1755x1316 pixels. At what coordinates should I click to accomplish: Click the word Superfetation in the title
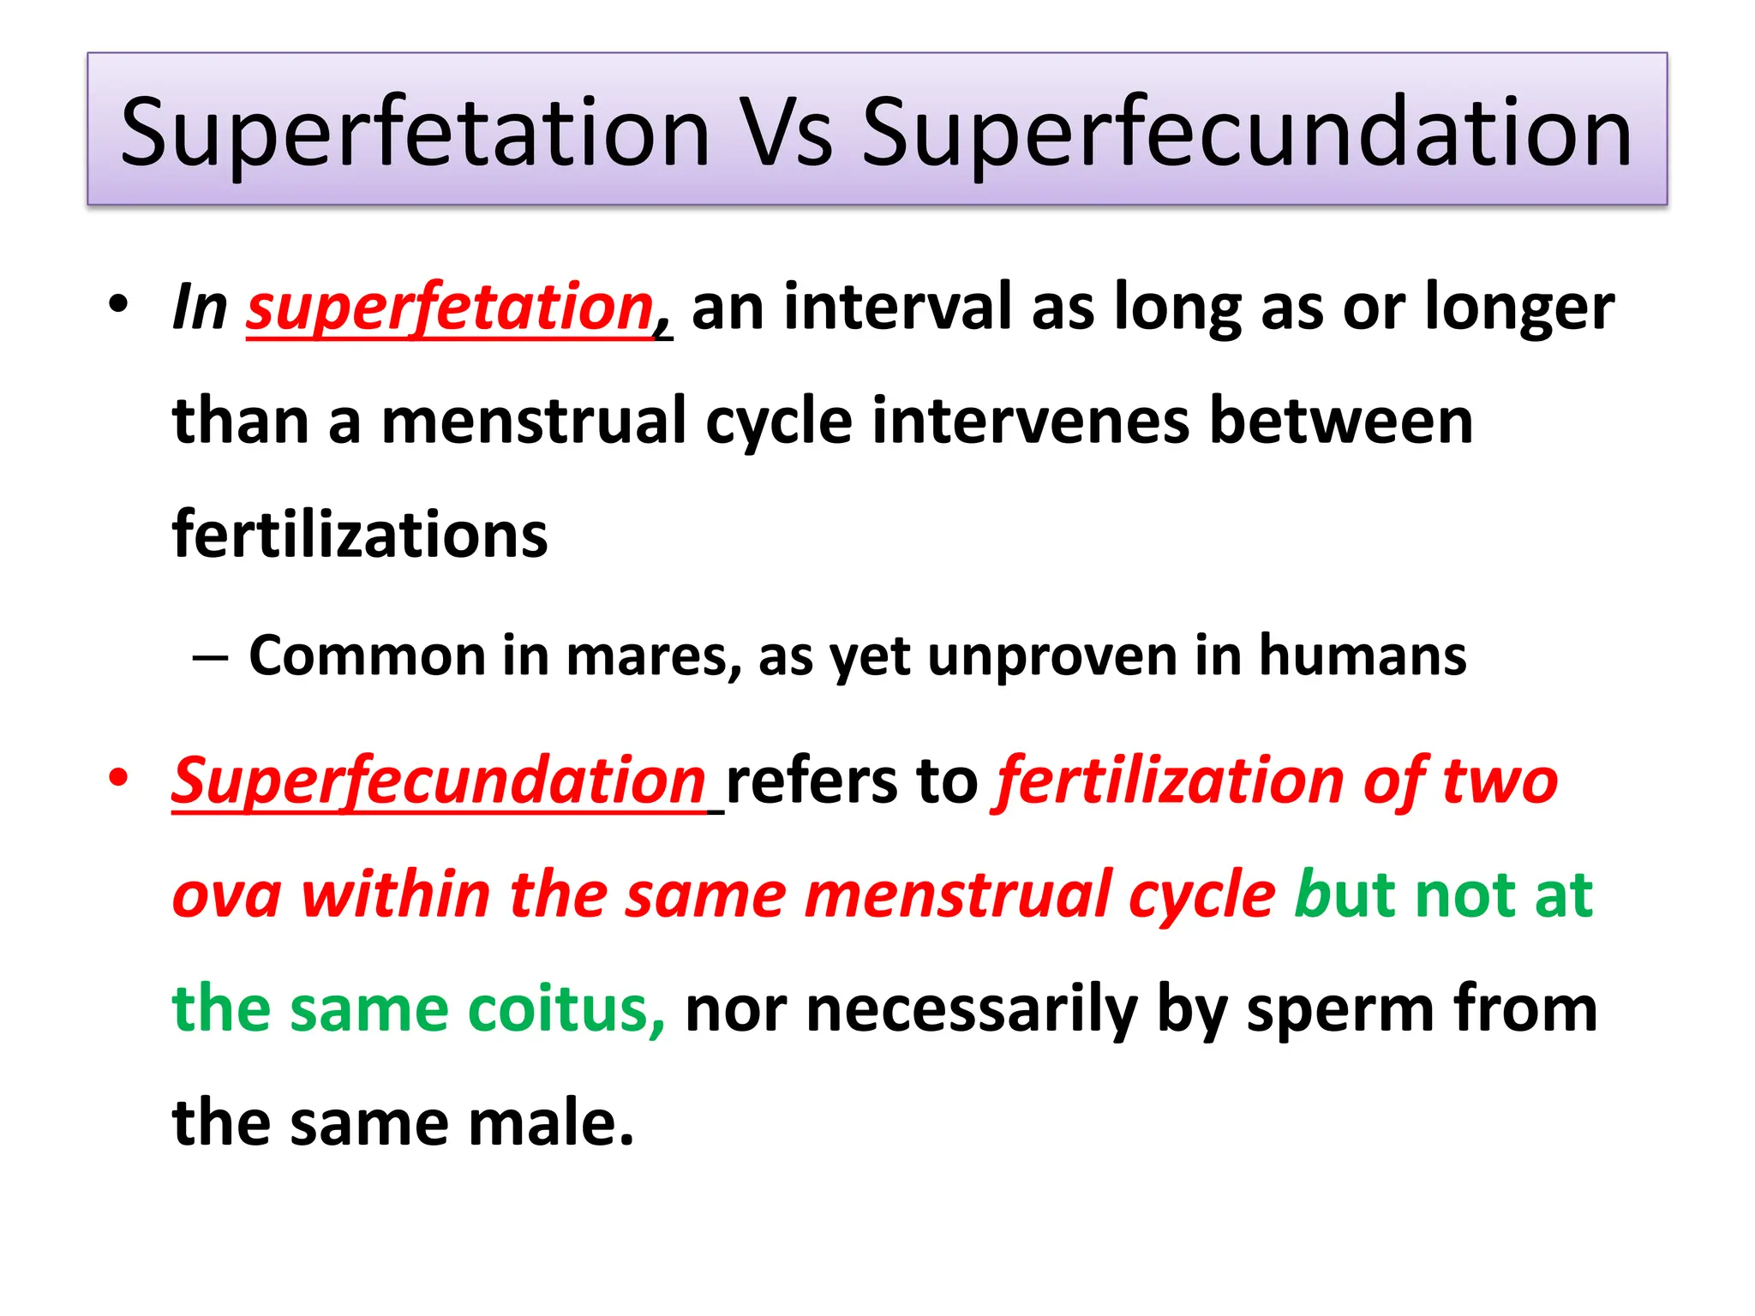(415, 133)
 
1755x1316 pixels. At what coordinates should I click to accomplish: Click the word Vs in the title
(785, 133)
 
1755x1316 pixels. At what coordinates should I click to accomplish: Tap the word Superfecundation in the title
(1246, 133)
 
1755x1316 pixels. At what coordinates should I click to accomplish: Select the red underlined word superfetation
(451, 308)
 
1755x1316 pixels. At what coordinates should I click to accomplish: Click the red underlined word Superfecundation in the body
(439, 781)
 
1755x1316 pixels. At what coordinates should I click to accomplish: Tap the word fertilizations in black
(360, 535)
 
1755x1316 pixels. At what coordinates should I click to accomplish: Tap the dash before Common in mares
(211, 658)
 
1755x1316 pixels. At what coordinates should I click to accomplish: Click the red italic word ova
(227, 896)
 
